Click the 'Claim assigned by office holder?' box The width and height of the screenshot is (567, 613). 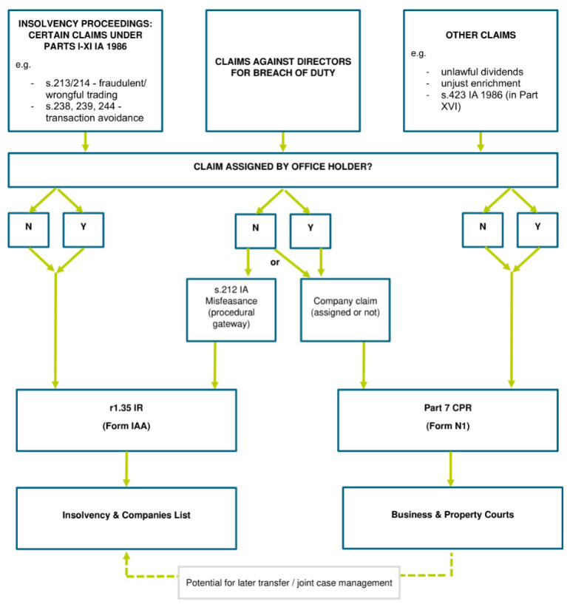pyautogui.click(x=283, y=169)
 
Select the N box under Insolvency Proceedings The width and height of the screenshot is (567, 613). pyautogui.click(x=29, y=230)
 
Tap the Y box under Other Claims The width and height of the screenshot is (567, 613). pyautogui.click(x=537, y=230)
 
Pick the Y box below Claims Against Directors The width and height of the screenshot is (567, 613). pyautogui.click(x=310, y=231)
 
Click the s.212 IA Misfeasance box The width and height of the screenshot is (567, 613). pyautogui.click(x=231, y=310)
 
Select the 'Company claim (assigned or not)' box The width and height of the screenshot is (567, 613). pyautogui.click(x=345, y=310)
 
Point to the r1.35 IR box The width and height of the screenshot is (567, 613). pyautogui.click(x=126, y=420)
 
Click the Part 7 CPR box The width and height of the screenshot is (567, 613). pyautogui.click(x=448, y=420)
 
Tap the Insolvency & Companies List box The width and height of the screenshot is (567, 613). pyautogui.click(x=126, y=518)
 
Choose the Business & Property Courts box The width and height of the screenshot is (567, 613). pyautogui.click(x=452, y=518)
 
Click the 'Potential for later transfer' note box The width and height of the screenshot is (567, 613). pyautogui.click(x=289, y=583)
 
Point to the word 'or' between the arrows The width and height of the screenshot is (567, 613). pyautogui.click(x=275, y=263)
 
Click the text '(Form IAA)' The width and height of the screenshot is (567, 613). pyautogui.click(x=126, y=426)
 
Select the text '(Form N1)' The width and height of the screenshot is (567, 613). pyautogui.click(x=448, y=426)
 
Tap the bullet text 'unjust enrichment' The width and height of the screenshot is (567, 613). pyautogui.click(x=481, y=84)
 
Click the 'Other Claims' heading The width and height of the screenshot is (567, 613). pyautogui.click(x=481, y=35)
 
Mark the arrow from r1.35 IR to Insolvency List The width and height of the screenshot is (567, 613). pyautogui.click(x=126, y=469)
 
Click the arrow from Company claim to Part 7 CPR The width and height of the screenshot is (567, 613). pyautogui.click(x=364, y=365)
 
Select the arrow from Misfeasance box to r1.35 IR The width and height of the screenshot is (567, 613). pyautogui.click(x=214, y=365)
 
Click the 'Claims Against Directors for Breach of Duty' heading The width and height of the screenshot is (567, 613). pyautogui.click(x=283, y=67)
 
